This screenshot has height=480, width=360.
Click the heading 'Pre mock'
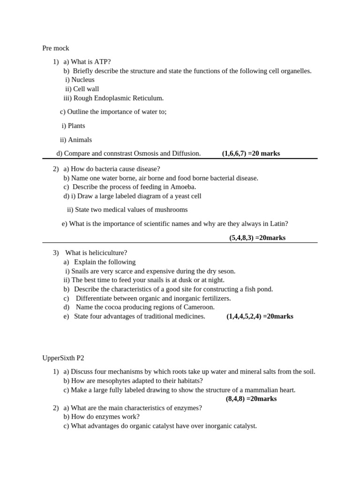[55, 48]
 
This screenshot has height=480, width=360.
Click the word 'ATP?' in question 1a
[103, 62]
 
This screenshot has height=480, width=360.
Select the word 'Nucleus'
[82, 80]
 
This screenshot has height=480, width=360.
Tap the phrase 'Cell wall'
[86, 89]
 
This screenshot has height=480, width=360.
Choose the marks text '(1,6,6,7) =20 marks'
[251, 153]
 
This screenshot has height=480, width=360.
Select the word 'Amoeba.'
[184, 187]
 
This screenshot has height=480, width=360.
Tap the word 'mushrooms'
[171, 210]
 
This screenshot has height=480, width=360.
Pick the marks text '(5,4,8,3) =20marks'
[257, 238]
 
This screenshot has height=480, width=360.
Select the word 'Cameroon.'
[198, 307]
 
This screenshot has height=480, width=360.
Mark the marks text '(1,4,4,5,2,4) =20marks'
[260, 316]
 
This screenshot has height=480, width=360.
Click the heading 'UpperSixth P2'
[63, 358]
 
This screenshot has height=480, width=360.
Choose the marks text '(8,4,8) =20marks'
[251, 399]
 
